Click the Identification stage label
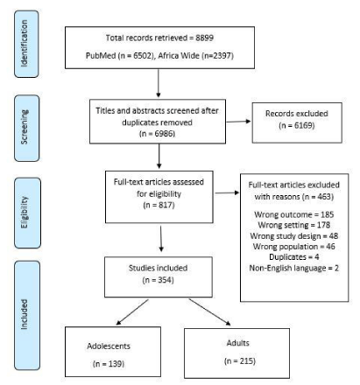coord(25,44)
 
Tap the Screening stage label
coord(25,127)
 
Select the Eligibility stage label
coord(25,213)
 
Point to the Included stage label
coord(25,314)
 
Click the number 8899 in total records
coord(204,38)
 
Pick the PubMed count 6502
coord(143,55)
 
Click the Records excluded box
coord(297,122)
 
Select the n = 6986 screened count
coord(157,134)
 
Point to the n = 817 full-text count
coord(159,205)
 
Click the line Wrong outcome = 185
coord(294,214)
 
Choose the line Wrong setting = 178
coord(294,225)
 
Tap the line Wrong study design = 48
coord(294,235)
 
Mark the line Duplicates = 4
coord(294,257)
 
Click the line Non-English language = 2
coord(294,268)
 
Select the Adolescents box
coord(113,352)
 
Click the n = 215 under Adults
coord(240,361)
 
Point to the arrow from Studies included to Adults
coord(209,311)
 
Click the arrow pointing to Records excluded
coord(238,122)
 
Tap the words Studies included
coord(158,268)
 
